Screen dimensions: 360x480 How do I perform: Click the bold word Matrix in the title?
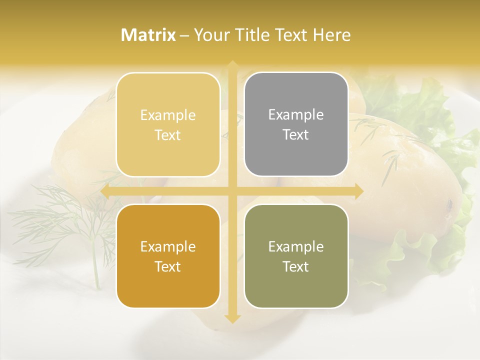point(148,35)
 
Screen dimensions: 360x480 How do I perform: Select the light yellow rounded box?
point(168,124)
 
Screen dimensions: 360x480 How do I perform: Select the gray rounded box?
point(296,124)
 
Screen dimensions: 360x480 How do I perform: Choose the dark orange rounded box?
point(168,256)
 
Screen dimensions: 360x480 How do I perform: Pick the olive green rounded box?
point(296,256)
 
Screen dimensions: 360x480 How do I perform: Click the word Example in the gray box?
point(296,114)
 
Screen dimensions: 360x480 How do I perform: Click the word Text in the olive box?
point(296,267)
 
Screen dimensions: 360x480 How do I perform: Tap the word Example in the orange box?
point(168,246)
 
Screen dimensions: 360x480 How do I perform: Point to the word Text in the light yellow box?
point(168,135)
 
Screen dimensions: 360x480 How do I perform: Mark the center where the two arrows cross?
point(232,191)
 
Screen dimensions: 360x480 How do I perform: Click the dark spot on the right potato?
point(449,203)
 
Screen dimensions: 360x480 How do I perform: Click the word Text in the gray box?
point(296,135)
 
